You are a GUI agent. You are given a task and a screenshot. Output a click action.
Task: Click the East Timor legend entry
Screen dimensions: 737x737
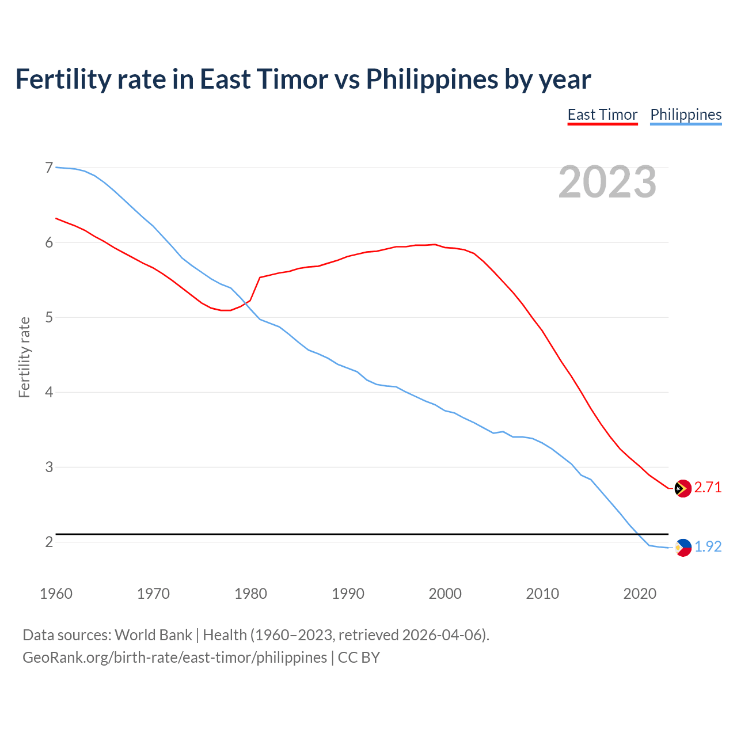(602, 115)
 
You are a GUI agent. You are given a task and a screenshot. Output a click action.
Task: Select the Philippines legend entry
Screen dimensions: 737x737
(686, 115)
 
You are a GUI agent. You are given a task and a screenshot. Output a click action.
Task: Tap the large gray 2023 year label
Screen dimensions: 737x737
(607, 182)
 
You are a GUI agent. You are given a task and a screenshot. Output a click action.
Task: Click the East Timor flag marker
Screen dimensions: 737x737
(683, 488)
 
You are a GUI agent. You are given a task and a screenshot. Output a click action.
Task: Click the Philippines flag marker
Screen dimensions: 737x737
(683, 547)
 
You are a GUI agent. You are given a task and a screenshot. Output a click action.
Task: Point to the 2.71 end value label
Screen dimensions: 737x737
(708, 488)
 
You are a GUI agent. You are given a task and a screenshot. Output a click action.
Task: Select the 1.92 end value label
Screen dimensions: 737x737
(708, 547)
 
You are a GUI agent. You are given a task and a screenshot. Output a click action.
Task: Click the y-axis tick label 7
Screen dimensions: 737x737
(49, 168)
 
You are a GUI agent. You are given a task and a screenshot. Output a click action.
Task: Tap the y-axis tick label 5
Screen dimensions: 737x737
(49, 317)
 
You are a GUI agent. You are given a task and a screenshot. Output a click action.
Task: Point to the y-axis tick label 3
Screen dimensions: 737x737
(49, 467)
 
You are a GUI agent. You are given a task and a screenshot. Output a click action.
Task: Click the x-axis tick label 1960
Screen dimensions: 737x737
(56, 594)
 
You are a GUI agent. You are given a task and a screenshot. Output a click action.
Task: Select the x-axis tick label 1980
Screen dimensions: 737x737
(250, 594)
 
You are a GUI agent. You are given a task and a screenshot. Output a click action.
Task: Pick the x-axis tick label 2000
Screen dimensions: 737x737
(445, 594)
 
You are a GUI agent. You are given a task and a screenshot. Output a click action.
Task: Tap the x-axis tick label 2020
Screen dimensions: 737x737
(640, 594)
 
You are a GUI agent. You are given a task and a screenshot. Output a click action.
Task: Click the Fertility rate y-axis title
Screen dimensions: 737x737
(24, 357)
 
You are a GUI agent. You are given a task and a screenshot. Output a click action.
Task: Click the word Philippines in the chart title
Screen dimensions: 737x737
(432, 79)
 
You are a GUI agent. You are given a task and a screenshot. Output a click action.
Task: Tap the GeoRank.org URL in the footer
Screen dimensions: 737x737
(174, 658)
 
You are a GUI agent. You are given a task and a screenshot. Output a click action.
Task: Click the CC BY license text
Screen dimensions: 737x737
(359, 658)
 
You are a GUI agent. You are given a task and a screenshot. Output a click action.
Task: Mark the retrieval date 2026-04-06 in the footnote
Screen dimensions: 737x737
(443, 635)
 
